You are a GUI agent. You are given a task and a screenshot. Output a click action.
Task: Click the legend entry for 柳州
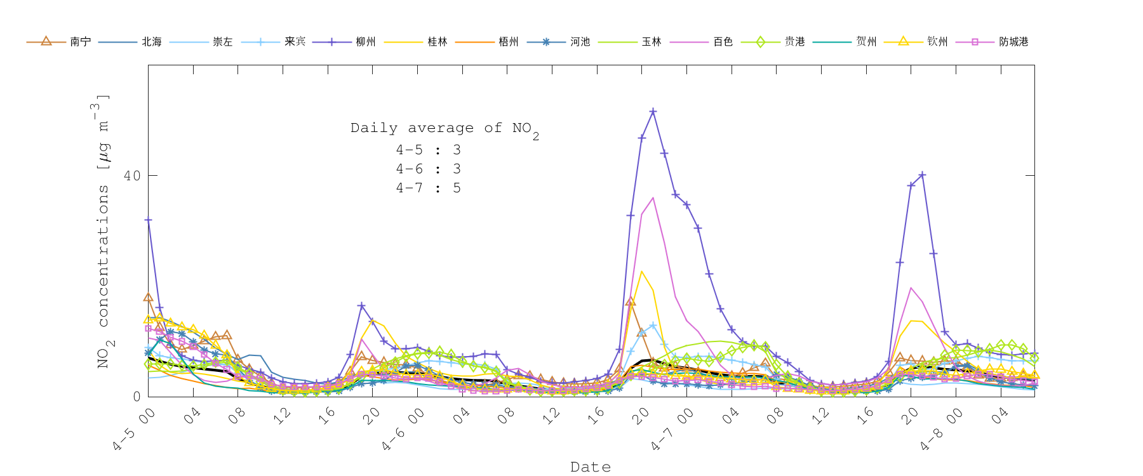tap(365, 42)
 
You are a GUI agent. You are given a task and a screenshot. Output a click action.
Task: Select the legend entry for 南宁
tap(80, 42)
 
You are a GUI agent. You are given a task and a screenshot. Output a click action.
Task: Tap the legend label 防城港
tap(1013, 42)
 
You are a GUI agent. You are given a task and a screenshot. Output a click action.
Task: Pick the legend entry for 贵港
tap(794, 42)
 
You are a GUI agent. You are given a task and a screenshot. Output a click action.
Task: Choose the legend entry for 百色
tap(723, 42)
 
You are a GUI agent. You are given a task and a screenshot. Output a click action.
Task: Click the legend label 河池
tap(580, 42)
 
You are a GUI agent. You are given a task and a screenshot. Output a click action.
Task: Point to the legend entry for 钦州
tap(937, 42)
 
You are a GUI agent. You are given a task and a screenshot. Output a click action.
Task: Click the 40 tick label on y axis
tap(132, 176)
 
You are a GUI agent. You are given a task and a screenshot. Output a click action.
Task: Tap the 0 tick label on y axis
tap(137, 397)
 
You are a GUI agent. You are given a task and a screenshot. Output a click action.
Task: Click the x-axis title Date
tap(591, 467)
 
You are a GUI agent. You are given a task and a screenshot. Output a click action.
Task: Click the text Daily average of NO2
tap(444, 129)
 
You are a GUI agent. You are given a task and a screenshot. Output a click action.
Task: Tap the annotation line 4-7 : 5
tap(428, 188)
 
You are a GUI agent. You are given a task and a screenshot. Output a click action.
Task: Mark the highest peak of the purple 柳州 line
tap(653, 112)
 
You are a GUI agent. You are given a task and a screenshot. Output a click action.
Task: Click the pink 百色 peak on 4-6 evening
tap(653, 198)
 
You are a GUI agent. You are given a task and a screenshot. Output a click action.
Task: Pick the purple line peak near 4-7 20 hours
tap(922, 175)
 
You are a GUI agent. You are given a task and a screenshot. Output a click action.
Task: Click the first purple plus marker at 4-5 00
tap(149, 220)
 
